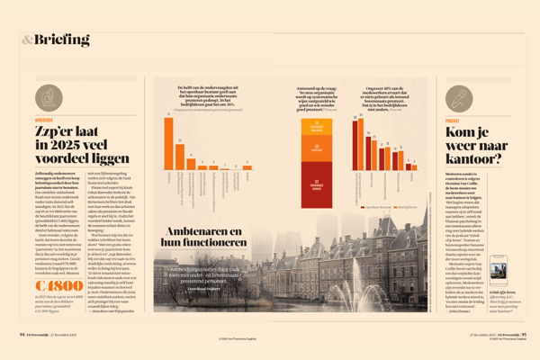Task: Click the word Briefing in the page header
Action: [x=64, y=39]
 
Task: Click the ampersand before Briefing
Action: [x=28, y=39]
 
